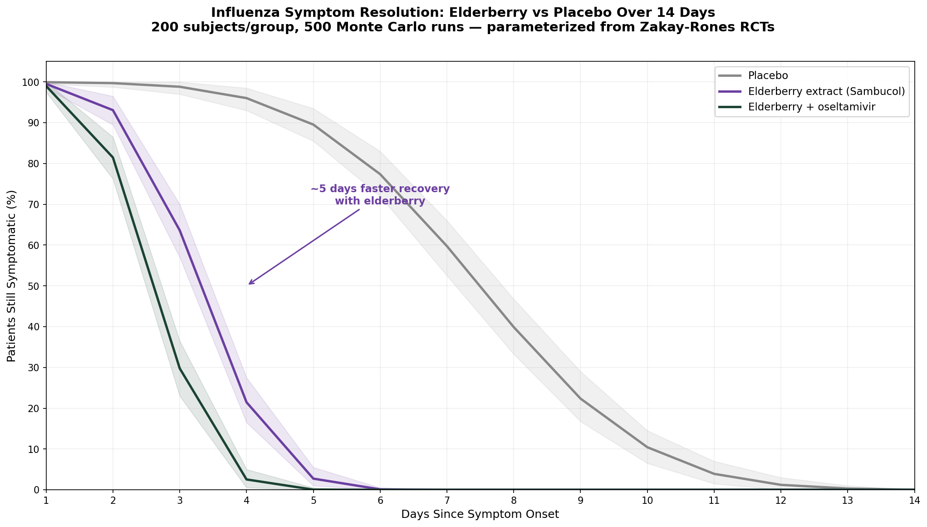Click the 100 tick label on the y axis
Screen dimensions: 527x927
coord(33,82)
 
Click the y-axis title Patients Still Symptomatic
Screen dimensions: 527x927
coord(12,276)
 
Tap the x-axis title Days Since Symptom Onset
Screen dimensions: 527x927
coord(480,515)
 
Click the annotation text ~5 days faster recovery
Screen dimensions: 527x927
coord(380,189)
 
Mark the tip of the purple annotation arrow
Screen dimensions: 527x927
coord(249,284)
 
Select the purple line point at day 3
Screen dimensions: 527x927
coord(180,230)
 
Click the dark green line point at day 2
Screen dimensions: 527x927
coord(113,158)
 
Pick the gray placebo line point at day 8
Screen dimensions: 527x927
coord(514,327)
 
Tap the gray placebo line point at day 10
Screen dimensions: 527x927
coord(647,447)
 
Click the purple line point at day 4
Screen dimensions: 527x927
coord(246,402)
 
